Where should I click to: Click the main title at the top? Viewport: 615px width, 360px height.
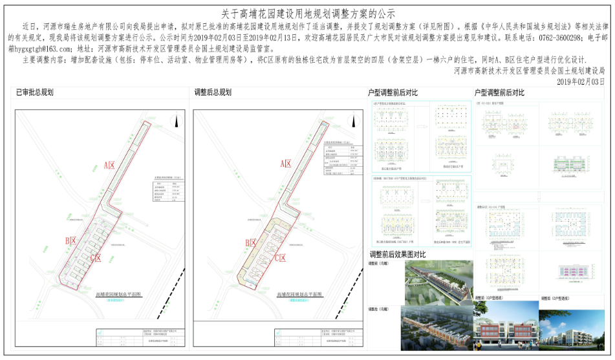point(308,13)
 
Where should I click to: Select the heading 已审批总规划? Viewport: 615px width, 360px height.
point(35,92)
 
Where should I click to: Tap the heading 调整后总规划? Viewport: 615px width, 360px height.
point(213,92)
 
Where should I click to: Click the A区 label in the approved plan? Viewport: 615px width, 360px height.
point(109,166)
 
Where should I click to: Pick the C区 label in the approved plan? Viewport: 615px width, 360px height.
point(95,258)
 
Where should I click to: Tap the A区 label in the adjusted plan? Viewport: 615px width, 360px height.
point(286,165)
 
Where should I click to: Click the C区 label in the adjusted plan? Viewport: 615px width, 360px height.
point(280,258)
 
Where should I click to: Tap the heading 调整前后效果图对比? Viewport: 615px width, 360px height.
point(397,254)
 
